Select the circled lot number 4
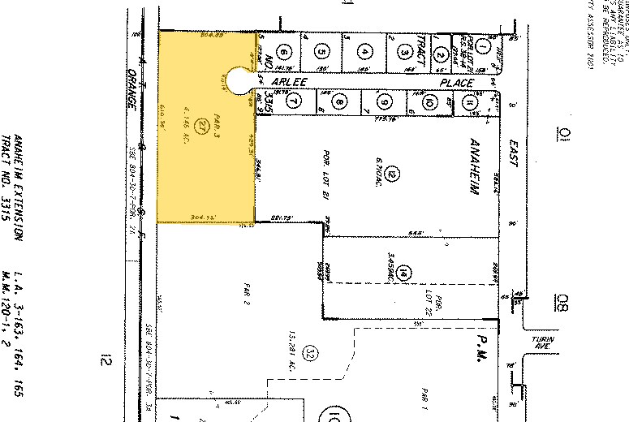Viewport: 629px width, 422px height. pyautogui.click(x=366, y=53)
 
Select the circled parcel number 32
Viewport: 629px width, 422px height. pyautogui.click(x=308, y=352)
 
